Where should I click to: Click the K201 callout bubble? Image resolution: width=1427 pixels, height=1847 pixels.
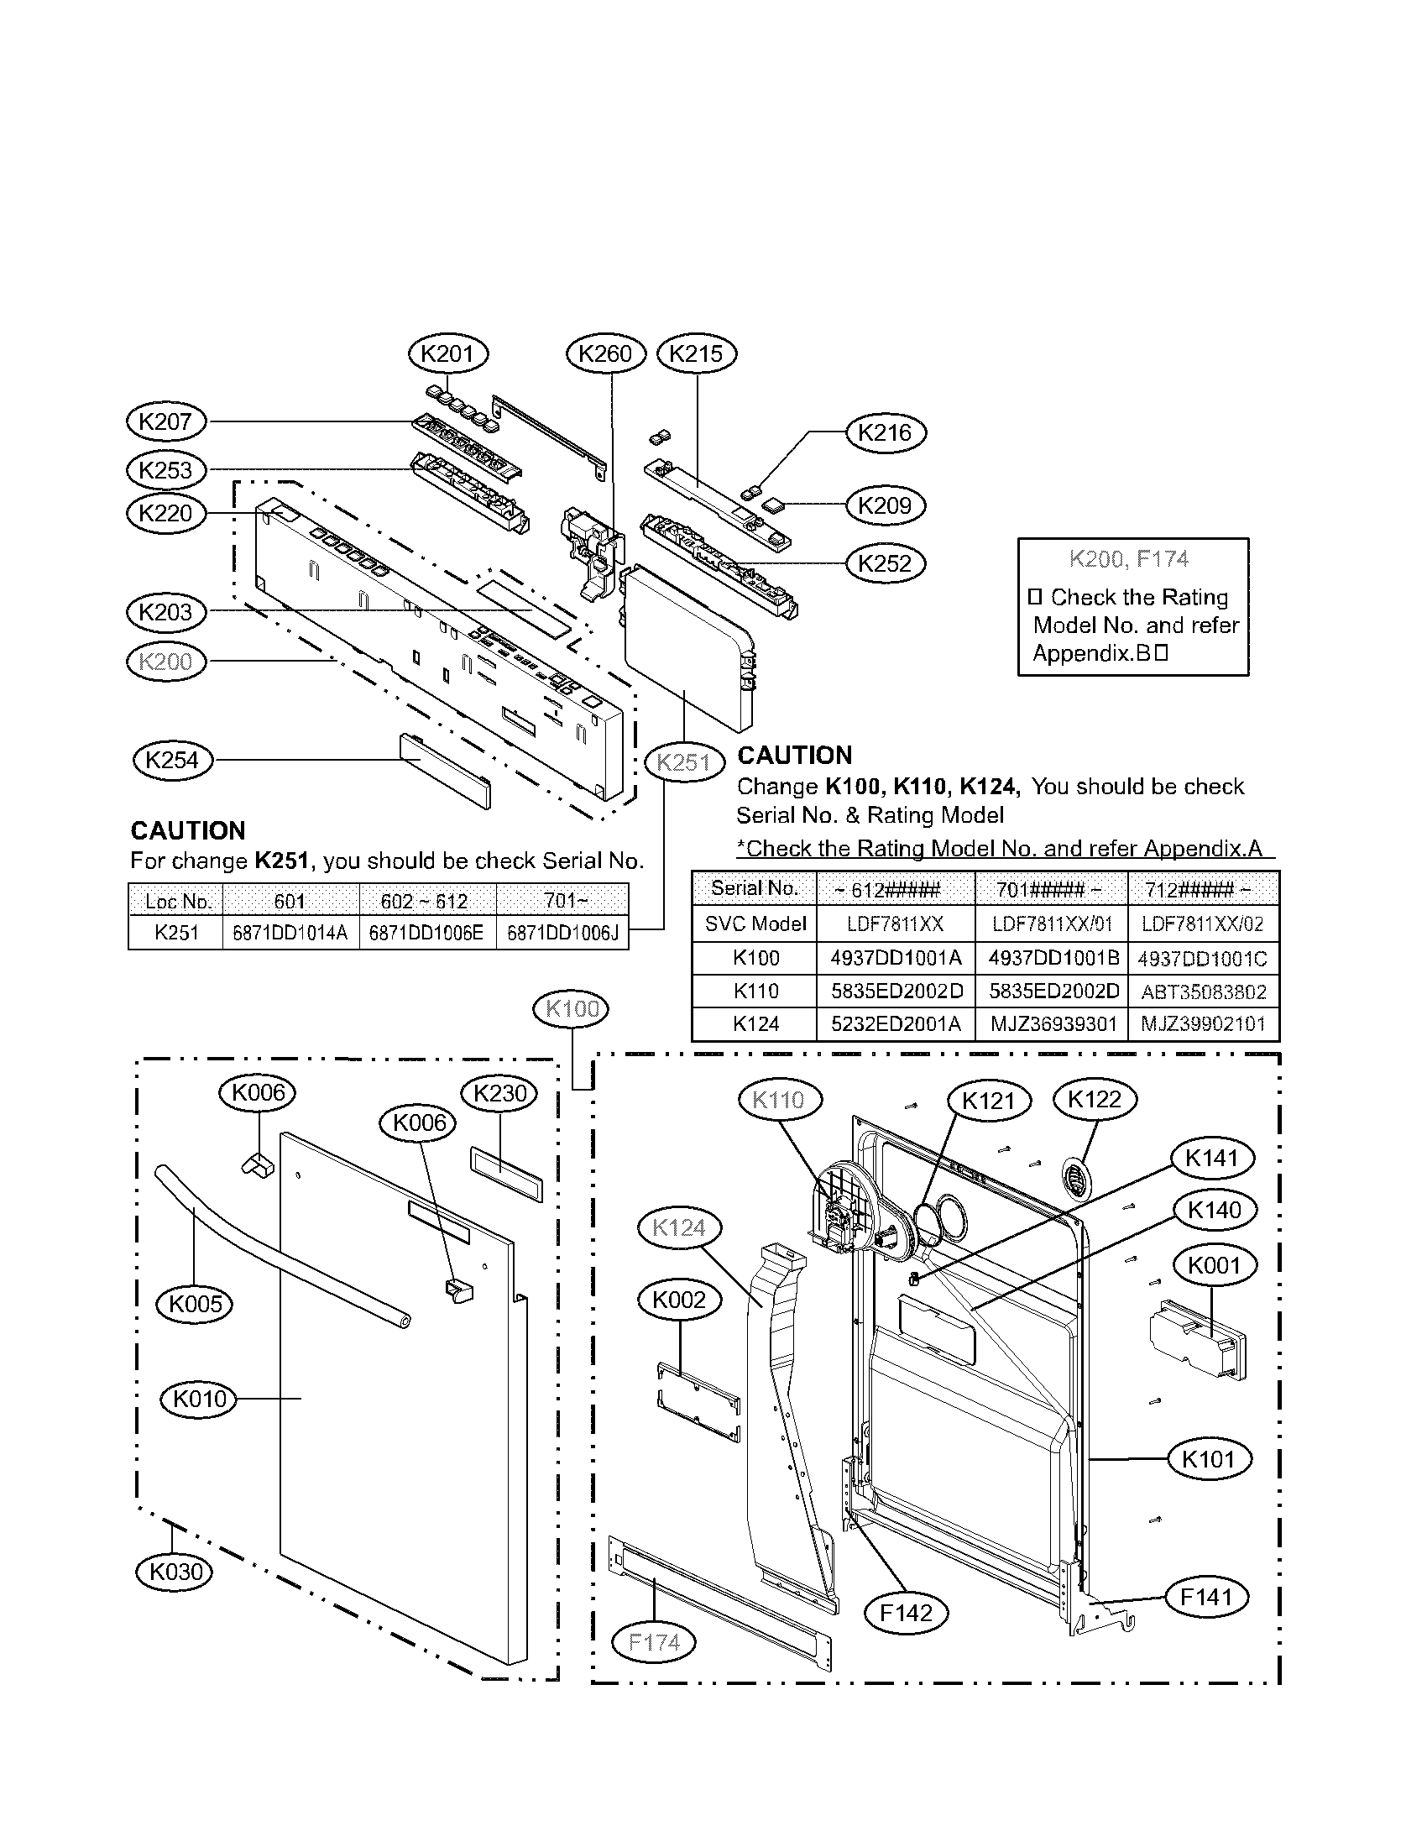coord(447,353)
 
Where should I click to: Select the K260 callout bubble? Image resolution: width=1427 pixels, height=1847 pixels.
coord(605,353)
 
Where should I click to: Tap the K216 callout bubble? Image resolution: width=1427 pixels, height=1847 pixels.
coord(885,433)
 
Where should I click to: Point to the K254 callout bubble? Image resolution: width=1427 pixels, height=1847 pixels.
coord(172,761)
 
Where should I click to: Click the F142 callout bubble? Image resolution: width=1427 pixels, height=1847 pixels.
coord(907,1614)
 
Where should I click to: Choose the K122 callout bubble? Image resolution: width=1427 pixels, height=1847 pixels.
coord(1095,1100)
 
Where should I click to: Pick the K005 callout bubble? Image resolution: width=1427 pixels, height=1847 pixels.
coord(196,1304)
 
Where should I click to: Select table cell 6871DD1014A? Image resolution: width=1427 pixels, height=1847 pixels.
coord(290,934)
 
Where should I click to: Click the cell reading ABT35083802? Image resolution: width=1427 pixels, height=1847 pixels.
coord(1203,992)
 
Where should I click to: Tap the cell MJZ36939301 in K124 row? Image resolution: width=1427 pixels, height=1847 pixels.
coord(1053,1024)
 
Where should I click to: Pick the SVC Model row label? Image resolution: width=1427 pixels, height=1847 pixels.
coord(755,924)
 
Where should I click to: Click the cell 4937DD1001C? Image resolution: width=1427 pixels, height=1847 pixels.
coord(1203,958)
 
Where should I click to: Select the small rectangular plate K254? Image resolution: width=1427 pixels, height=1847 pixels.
coord(444,772)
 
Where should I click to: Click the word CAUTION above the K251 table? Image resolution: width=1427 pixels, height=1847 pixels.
coord(188,830)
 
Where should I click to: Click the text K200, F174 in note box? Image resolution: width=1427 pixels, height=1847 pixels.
coord(1128,559)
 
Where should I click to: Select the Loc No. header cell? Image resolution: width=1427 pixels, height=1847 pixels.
coord(175,901)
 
